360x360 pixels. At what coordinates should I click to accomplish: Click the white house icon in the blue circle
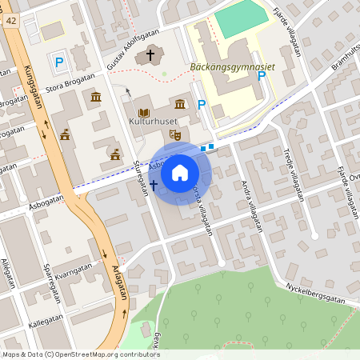tap(180, 172)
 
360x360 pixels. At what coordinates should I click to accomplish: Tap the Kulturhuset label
tap(153, 122)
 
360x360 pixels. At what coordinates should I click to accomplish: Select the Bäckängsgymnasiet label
tap(233, 67)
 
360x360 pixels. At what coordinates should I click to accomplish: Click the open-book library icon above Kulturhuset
tap(145, 113)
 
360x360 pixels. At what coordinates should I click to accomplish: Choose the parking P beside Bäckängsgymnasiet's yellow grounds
tap(262, 77)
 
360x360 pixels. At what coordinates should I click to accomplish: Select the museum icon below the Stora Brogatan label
tap(96, 98)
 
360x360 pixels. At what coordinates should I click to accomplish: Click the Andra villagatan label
tap(253, 204)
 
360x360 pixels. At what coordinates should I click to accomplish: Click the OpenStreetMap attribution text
tap(80, 354)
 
